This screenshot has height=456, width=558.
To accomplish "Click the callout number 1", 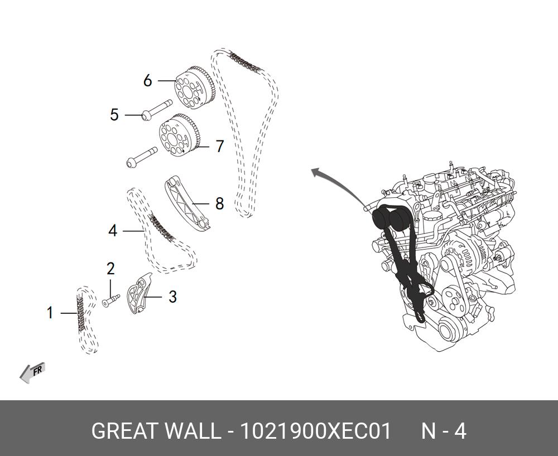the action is [50, 313].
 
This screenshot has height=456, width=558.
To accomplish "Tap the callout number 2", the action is [110, 269].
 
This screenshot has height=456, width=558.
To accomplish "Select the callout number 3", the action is [172, 297].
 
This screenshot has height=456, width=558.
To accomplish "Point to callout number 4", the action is [113, 230].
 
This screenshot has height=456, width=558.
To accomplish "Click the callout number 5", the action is [114, 115].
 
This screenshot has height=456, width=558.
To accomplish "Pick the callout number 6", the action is [147, 81].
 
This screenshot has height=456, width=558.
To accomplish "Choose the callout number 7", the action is [219, 147].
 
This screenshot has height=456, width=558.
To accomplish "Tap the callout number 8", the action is [219, 204].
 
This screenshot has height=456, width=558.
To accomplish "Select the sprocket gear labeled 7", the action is [179, 135].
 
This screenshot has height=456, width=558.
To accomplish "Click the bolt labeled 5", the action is [156, 110].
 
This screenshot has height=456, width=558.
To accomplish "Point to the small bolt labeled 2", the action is [111, 300].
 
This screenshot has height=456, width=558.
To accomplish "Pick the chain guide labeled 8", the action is [187, 203].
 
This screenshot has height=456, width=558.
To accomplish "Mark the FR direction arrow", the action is [32, 372].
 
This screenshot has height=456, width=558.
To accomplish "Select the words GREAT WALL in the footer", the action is [156, 431].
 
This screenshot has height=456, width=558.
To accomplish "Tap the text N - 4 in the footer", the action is [443, 431].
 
